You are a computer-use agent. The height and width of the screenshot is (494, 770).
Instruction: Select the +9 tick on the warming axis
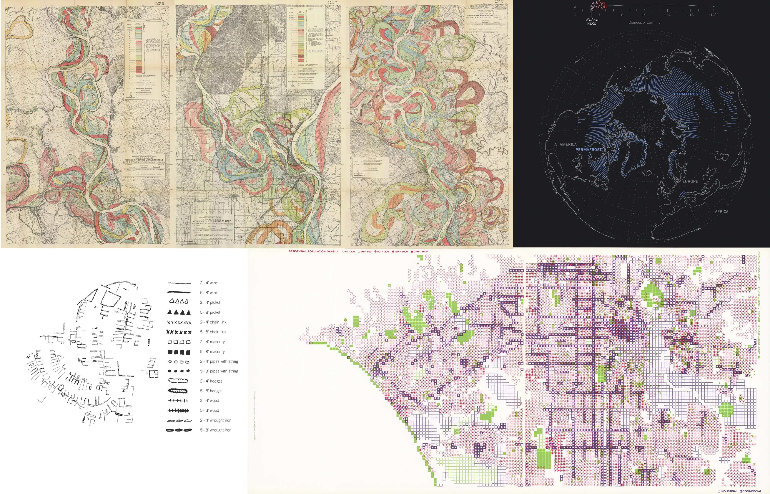point(644,15)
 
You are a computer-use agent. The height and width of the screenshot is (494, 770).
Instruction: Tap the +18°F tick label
point(713,15)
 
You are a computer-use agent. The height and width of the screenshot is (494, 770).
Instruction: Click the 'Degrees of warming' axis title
point(644,22)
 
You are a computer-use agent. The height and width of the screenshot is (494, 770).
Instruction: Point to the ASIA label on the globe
point(730,93)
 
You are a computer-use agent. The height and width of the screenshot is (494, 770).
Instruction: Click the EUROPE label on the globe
point(690,181)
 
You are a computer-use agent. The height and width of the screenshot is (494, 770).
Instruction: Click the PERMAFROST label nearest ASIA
point(687,94)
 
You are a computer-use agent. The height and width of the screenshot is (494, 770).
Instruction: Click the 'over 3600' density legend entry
point(420,252)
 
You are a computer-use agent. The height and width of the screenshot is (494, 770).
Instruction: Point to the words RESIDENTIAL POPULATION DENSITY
point(314,252)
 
